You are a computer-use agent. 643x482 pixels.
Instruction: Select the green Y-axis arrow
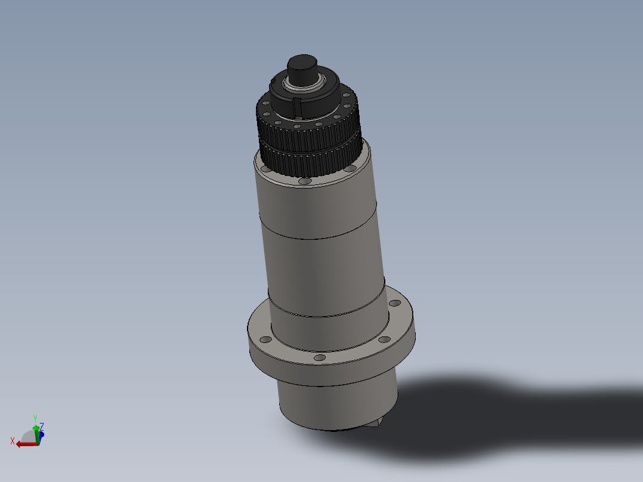(x=36, y=431)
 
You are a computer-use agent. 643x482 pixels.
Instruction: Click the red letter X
(x=13, y=441)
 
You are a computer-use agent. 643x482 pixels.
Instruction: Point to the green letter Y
(x=35, y=418)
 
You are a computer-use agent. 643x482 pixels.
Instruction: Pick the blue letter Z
(x=42, y=426)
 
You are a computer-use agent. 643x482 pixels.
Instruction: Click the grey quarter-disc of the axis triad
(x=29, y=435)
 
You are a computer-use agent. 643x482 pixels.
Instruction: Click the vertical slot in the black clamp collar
(x=296, y=108)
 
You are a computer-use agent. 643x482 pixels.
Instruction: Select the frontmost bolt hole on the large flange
(x=320, y=357)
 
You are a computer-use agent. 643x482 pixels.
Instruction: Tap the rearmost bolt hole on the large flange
(x=394, y=303)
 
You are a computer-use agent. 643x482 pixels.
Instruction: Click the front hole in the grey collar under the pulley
(x=305, y=181)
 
